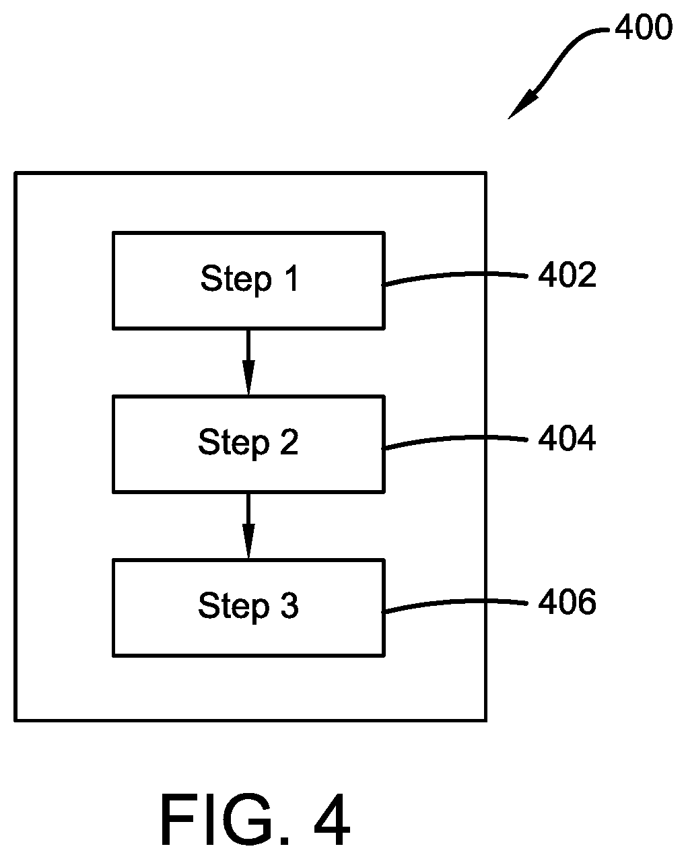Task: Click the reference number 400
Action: click(x=644, y=27)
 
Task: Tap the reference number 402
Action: click(x=567, y=275)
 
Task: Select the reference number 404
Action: click(x=567, y=438)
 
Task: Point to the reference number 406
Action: click(x=567, y=602)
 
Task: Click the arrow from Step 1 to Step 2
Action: click(x=248, y=362)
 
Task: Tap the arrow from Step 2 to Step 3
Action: click(x=248, y=526)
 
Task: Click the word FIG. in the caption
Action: click(x=224, y=819)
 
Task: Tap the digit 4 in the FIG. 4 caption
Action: click(x=332, y=819)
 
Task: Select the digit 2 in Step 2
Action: click(x=289, y=442)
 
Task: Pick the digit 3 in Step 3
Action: click(x=289, y=605)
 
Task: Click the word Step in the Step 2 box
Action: click(x=234, y=444)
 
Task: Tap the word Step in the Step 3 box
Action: click(x=234, y=607)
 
